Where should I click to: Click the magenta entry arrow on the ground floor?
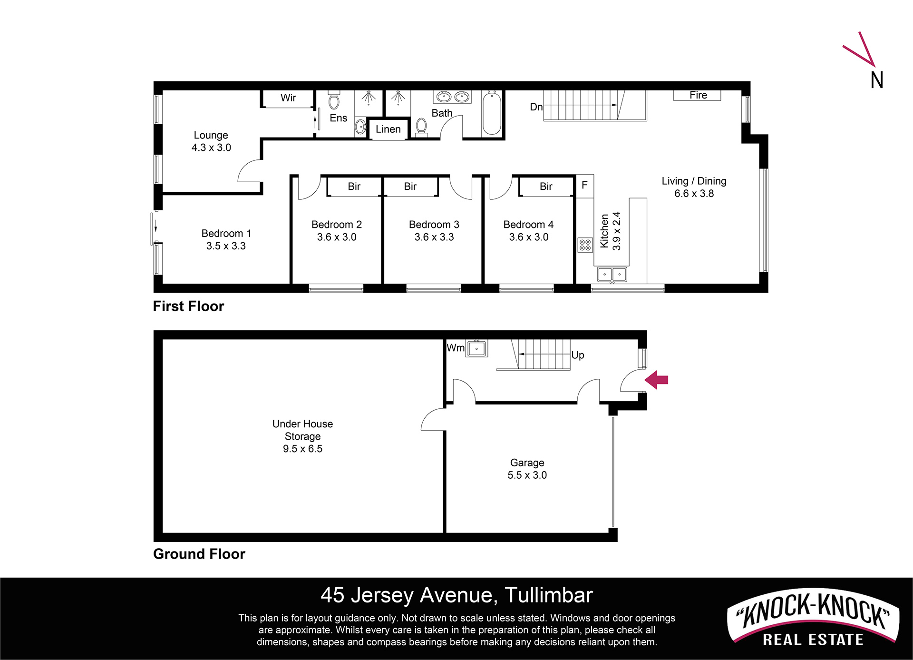tap(656, 380)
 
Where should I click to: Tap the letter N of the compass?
tap(877, 80)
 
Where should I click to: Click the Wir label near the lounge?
tap(288, 98)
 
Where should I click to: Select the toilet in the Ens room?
tap(334, 100)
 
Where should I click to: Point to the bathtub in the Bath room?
tap(492, 113)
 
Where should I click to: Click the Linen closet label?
tap(388, 129)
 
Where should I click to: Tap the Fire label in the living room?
tap(698, 95)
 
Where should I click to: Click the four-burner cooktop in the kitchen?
tap(585, 245)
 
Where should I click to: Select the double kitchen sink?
tap(612, 275)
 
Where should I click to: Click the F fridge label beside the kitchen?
tap(584, 185)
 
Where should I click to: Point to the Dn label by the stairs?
tap(536, 107)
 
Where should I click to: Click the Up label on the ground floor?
tap(578, 355)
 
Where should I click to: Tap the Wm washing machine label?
tap(456, 348)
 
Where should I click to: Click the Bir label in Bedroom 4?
tap(546, 187)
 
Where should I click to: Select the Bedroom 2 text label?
tap(337, 225)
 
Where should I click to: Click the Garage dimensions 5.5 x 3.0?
tap(527, 475)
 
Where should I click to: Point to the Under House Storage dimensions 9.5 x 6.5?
tap(302, 449)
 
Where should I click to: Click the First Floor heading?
tap(188, 306)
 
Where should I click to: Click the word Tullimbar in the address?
tap(549, 595)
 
